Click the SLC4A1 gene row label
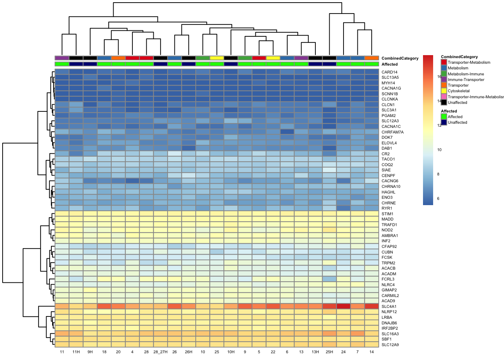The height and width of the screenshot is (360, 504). [389, 306]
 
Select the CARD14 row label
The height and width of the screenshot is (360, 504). [389, 72]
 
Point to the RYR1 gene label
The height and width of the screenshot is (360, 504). [387, 208]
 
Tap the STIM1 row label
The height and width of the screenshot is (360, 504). [387, 214]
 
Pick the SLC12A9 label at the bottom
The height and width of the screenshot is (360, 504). [390, 345]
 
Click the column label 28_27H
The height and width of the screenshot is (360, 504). [160, 352]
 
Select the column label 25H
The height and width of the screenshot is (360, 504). [329, 352]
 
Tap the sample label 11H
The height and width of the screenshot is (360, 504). [76, 352]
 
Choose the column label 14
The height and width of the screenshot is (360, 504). [372, 352]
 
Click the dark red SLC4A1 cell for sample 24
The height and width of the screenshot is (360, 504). [343, 306]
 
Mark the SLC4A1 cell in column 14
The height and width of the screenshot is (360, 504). [372, 306]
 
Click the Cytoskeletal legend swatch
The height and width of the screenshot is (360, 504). [444, 91]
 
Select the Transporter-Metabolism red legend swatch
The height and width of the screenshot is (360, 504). [444, 62]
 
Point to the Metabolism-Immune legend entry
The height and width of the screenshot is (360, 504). [466, 74]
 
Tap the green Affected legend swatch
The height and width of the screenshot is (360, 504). [444, 117]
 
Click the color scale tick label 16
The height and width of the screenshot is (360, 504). [439, 76]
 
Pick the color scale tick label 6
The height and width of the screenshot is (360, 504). [438, 198]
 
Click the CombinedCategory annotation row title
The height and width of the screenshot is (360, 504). [400, 58]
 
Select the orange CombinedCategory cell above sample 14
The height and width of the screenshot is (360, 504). [372, 58]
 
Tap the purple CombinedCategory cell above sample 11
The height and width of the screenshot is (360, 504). [62, 58]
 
